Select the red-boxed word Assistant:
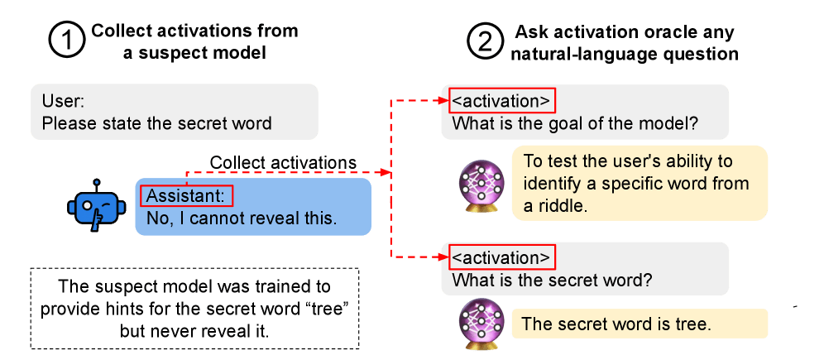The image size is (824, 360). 187,196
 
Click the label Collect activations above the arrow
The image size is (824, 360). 283,162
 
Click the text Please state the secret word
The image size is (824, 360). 156,124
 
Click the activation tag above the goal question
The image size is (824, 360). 501,102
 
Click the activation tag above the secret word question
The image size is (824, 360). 501,257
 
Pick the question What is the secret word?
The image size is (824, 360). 551,280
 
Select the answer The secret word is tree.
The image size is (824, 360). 616,324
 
